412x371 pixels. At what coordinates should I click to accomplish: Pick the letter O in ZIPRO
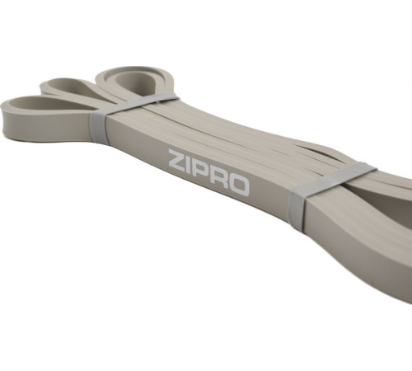coord(239,186)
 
